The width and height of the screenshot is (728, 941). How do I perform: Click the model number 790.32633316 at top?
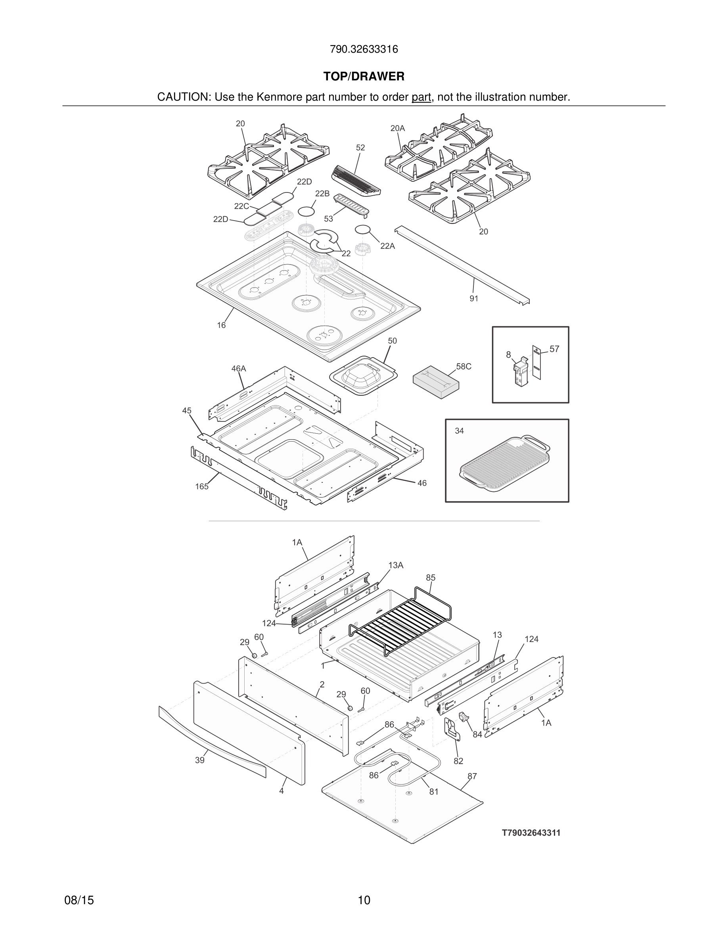[x=364, y=50]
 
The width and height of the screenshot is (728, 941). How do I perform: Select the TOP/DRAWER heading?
[x=364, y=77]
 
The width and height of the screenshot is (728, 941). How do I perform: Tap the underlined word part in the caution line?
[x=421, y=97]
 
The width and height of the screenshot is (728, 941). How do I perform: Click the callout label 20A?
[x=397, y=128]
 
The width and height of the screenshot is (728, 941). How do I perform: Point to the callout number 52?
[x=360, y=148]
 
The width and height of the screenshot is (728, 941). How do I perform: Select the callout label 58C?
[x=464, y=367]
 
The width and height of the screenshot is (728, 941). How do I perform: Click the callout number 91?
[x=473, y=299]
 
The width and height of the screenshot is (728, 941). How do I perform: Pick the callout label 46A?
[x=238, y=369]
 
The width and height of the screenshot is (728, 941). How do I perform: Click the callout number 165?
[x=201, y=487]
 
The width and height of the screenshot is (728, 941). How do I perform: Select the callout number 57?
[x=554, y=349]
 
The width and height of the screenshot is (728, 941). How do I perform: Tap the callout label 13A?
[x=395, y=565]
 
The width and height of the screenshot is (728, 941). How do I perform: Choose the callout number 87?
[x=472, y=776]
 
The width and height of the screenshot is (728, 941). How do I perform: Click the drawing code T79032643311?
[x=531, y=833]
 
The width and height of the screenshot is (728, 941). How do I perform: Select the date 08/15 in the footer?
[x=79, y=901]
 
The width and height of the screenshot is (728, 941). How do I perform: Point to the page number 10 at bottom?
[x=364, y=901]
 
